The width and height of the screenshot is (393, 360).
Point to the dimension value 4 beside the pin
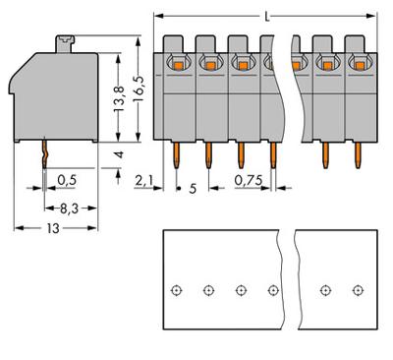(118, 156)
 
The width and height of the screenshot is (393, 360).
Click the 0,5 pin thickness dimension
(67, 180)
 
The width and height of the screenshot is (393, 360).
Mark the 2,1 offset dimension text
(144, 180)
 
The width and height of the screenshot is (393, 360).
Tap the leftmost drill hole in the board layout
(176, 290)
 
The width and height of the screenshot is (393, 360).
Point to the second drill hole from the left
(208, 290)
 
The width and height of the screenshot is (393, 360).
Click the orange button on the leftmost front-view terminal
(177, 64)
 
